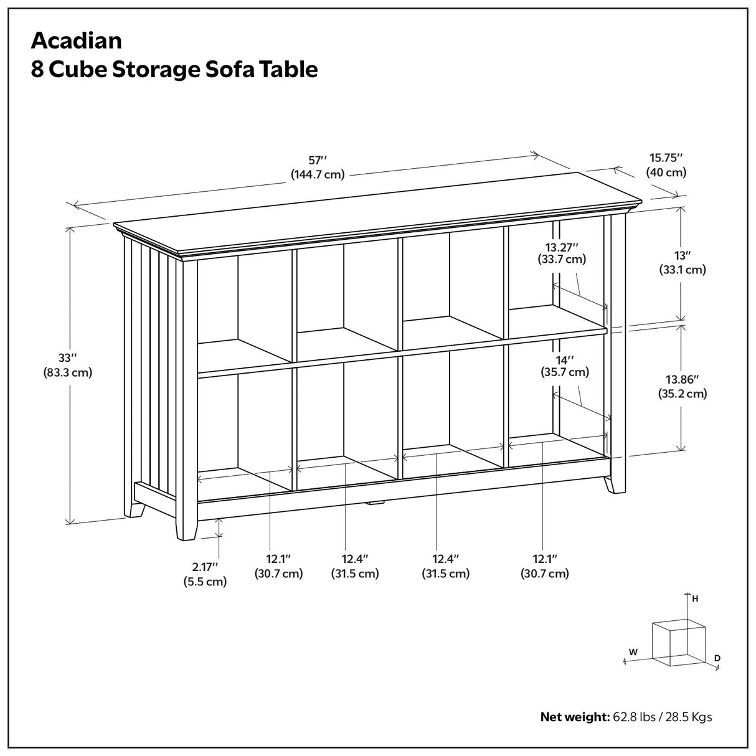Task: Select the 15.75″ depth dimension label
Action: click(666, 158)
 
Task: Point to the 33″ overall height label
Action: click(67, 358)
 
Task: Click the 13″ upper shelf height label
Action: click(683, 255)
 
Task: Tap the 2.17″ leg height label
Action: click(205, 567)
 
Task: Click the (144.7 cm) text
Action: click(318, 174)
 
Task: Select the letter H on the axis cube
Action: click(695, 599)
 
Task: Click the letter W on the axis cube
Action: click(633, 652)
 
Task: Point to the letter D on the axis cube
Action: click(717, 658)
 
